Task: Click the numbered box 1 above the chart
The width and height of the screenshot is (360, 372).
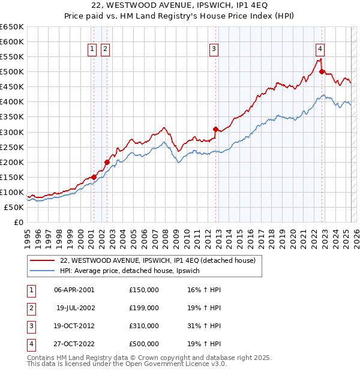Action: [x=93, y=49]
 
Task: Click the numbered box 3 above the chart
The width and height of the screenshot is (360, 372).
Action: [x=214, y=49]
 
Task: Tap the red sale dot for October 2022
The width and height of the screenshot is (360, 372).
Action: [x=322, y=71]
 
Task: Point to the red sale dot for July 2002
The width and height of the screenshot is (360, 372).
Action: [x=107, y=162]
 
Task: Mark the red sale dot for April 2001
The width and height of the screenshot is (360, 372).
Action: [x=94, y=177]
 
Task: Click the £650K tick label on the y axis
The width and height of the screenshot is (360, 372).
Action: [x=12, y=27]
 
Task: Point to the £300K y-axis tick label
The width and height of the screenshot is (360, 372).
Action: [x=12, y=132]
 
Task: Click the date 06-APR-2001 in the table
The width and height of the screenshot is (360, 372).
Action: [x=74, y=290]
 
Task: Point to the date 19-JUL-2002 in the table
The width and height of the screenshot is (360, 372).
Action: [x=75, y=308]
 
